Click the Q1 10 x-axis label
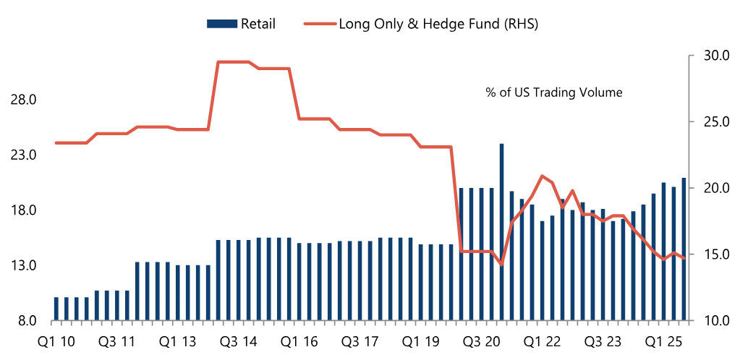pyautogui.click(x=56, y=340)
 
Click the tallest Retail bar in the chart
pyautogui.click(x=501, y=231)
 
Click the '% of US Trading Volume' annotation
pyautogui.click(x=554, y=93)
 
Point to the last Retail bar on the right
pyautogui.click(x=684, y=249)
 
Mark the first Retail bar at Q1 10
pyautogui.click(x=56, y=309)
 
